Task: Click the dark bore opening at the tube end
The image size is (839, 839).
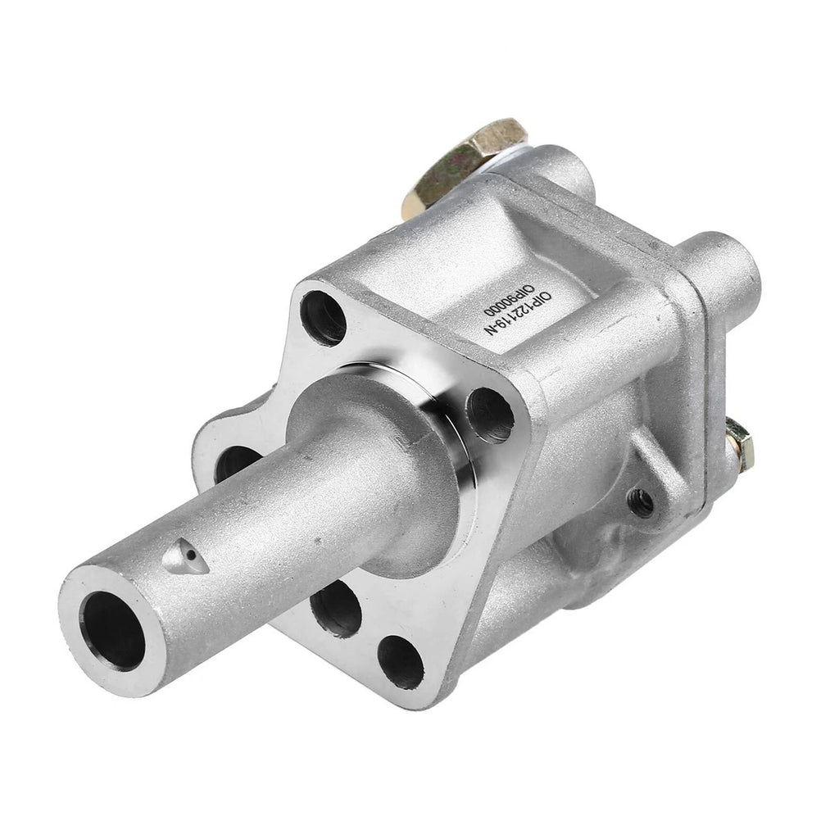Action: [115, 632]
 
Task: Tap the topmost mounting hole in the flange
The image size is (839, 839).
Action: [323, 318]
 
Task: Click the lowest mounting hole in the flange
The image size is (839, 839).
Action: [400, 662]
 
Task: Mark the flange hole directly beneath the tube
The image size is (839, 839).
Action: [335, 609]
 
